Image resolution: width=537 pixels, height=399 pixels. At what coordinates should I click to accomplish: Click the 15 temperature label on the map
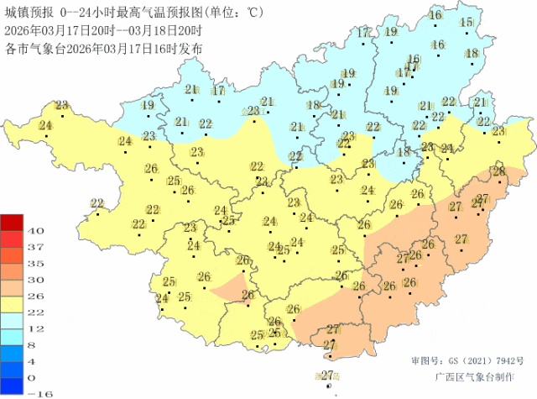(466, 22)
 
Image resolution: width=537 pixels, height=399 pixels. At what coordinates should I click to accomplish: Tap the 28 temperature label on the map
(498, 171)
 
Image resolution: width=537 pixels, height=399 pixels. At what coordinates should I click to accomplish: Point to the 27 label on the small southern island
(328, 375)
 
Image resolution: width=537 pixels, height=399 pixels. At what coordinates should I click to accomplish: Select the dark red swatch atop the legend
(13, 223)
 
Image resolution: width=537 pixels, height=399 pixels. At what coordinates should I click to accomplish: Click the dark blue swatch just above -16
(13, 384)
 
